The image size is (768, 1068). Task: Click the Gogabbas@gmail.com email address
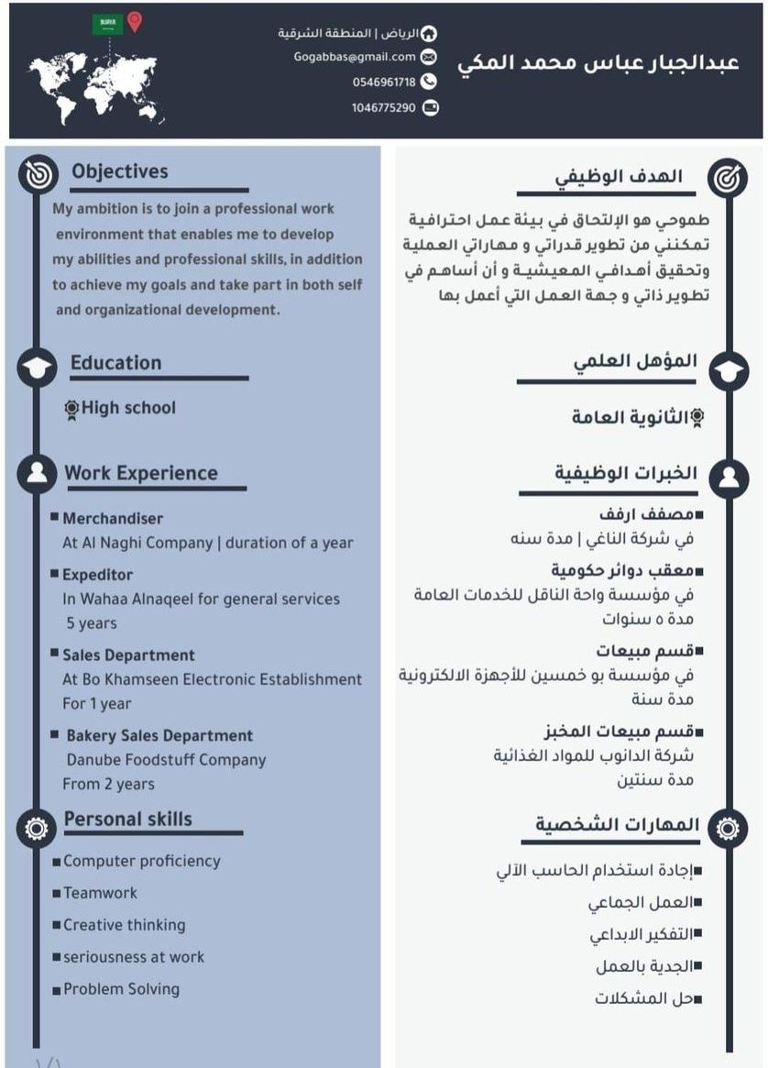click(355, 57)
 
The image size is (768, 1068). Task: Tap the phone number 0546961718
click(384, 83)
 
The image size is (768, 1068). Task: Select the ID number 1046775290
click(383, 108)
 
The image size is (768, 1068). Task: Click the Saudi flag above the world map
click(107, 24)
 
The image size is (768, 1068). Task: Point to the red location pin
click(135, 21)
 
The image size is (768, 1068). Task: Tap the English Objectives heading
click(120, 171)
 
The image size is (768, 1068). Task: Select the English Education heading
click(115, 363)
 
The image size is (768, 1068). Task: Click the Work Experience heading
click(141, 473)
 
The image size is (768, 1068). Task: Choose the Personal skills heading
click(128, 819)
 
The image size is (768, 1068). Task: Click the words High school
click(128, 408)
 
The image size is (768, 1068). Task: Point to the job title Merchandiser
click(113, 519)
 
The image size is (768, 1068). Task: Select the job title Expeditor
click(97, 575)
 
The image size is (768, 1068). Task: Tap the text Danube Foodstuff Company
click(166, 760)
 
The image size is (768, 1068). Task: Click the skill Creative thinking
click(125, 925)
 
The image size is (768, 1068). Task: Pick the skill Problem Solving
click(122, 989)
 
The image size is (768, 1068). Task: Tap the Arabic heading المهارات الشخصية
click(618, 824)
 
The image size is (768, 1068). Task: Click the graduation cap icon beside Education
click(37, 368)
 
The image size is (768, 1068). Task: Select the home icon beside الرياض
click(428, 34)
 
